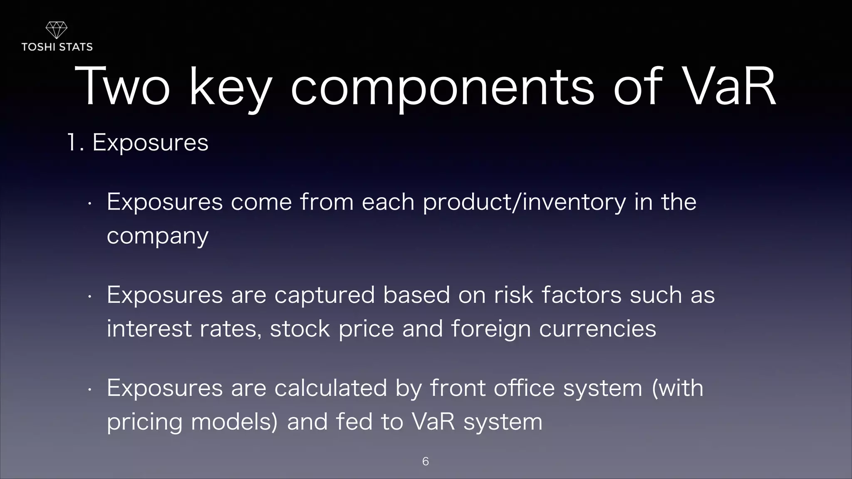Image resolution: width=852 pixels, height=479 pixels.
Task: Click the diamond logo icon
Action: point(56,30)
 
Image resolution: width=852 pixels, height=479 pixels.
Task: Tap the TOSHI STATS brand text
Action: point(57,47)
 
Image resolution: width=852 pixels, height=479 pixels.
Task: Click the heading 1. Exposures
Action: point(138,143)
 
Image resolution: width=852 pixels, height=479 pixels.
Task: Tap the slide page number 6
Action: point(425,461)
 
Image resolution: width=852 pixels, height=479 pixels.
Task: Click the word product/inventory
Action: point(524,202)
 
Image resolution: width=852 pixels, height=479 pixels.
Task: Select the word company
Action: point(157,237)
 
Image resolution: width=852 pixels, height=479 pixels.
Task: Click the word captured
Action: point(324,296)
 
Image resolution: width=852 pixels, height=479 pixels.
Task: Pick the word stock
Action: point(300,329)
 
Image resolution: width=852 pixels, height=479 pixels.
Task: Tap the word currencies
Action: point(597,329)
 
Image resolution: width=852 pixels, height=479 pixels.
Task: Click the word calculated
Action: point(331,388)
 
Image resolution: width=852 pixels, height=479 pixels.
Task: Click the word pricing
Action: point(144,422)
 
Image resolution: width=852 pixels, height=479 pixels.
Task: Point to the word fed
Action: point(354,422)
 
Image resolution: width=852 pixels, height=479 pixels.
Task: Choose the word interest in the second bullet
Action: point(149,329)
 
